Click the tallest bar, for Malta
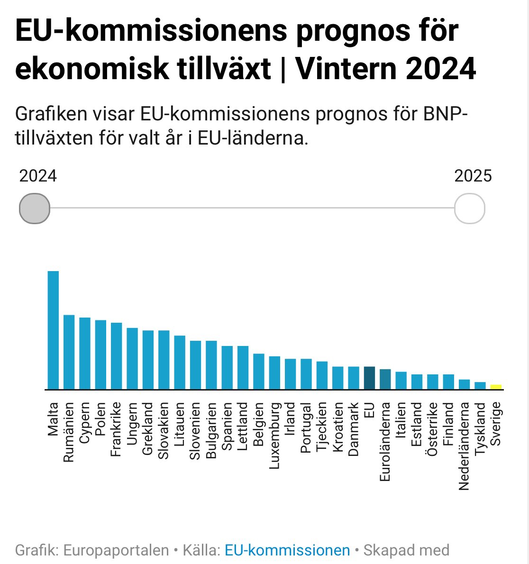[x=53, y=330]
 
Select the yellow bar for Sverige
[x=496, y=387]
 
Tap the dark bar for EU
[x=369, y=378]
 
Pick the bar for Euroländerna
[x=385, y=379]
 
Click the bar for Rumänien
[x=69, y=352]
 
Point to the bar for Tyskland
[x=480, y=386]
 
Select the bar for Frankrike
[x=117, y=356]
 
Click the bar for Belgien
[x=259, y=372]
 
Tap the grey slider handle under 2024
[x=35, y=208]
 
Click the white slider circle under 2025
[x=469, y=208]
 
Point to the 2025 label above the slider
[x=473, y=176]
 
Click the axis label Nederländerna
[x=464, y=446]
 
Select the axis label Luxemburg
[x=274, y=436]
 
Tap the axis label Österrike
[x=432, y=429]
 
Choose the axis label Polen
[x=100, y=419]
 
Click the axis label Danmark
[x=354, y=429]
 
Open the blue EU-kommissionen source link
[x=287, y=550]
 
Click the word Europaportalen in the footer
[x=116, y=550]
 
